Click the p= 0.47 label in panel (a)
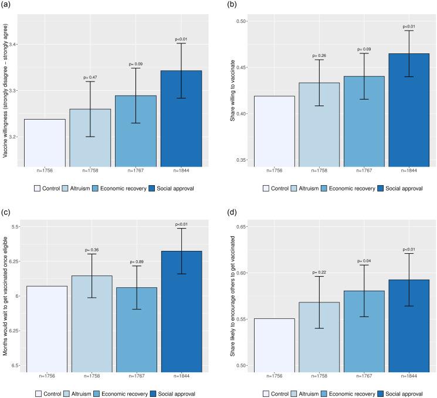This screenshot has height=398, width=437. pyautogui.click(x=89, y=77)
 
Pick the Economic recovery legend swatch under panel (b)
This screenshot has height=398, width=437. pyautogui.click(x=336, y=188)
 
